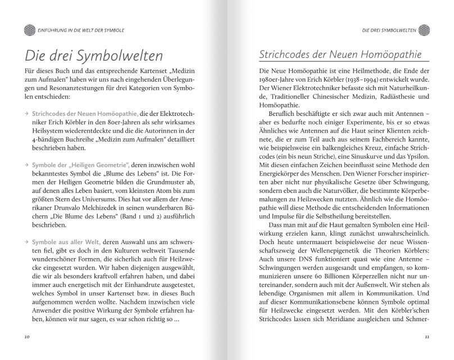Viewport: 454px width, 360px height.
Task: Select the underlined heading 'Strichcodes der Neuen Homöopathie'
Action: [x=341, y=56]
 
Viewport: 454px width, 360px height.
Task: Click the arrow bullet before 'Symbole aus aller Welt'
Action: [x=26, y=241]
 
